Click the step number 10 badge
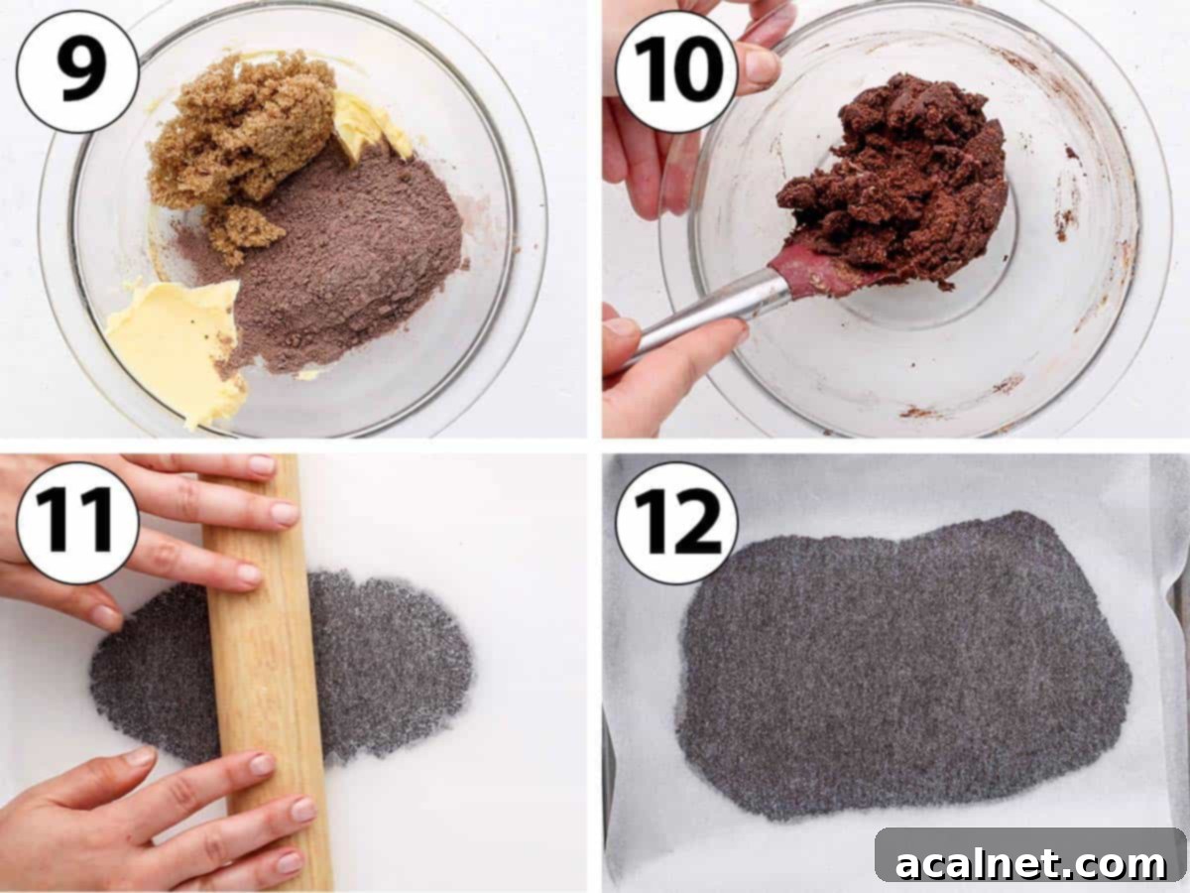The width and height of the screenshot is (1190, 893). (x=676, y=71)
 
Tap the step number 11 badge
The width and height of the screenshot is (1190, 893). (x=77, y=523)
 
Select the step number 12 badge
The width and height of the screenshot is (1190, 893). (x=676, y=523)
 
